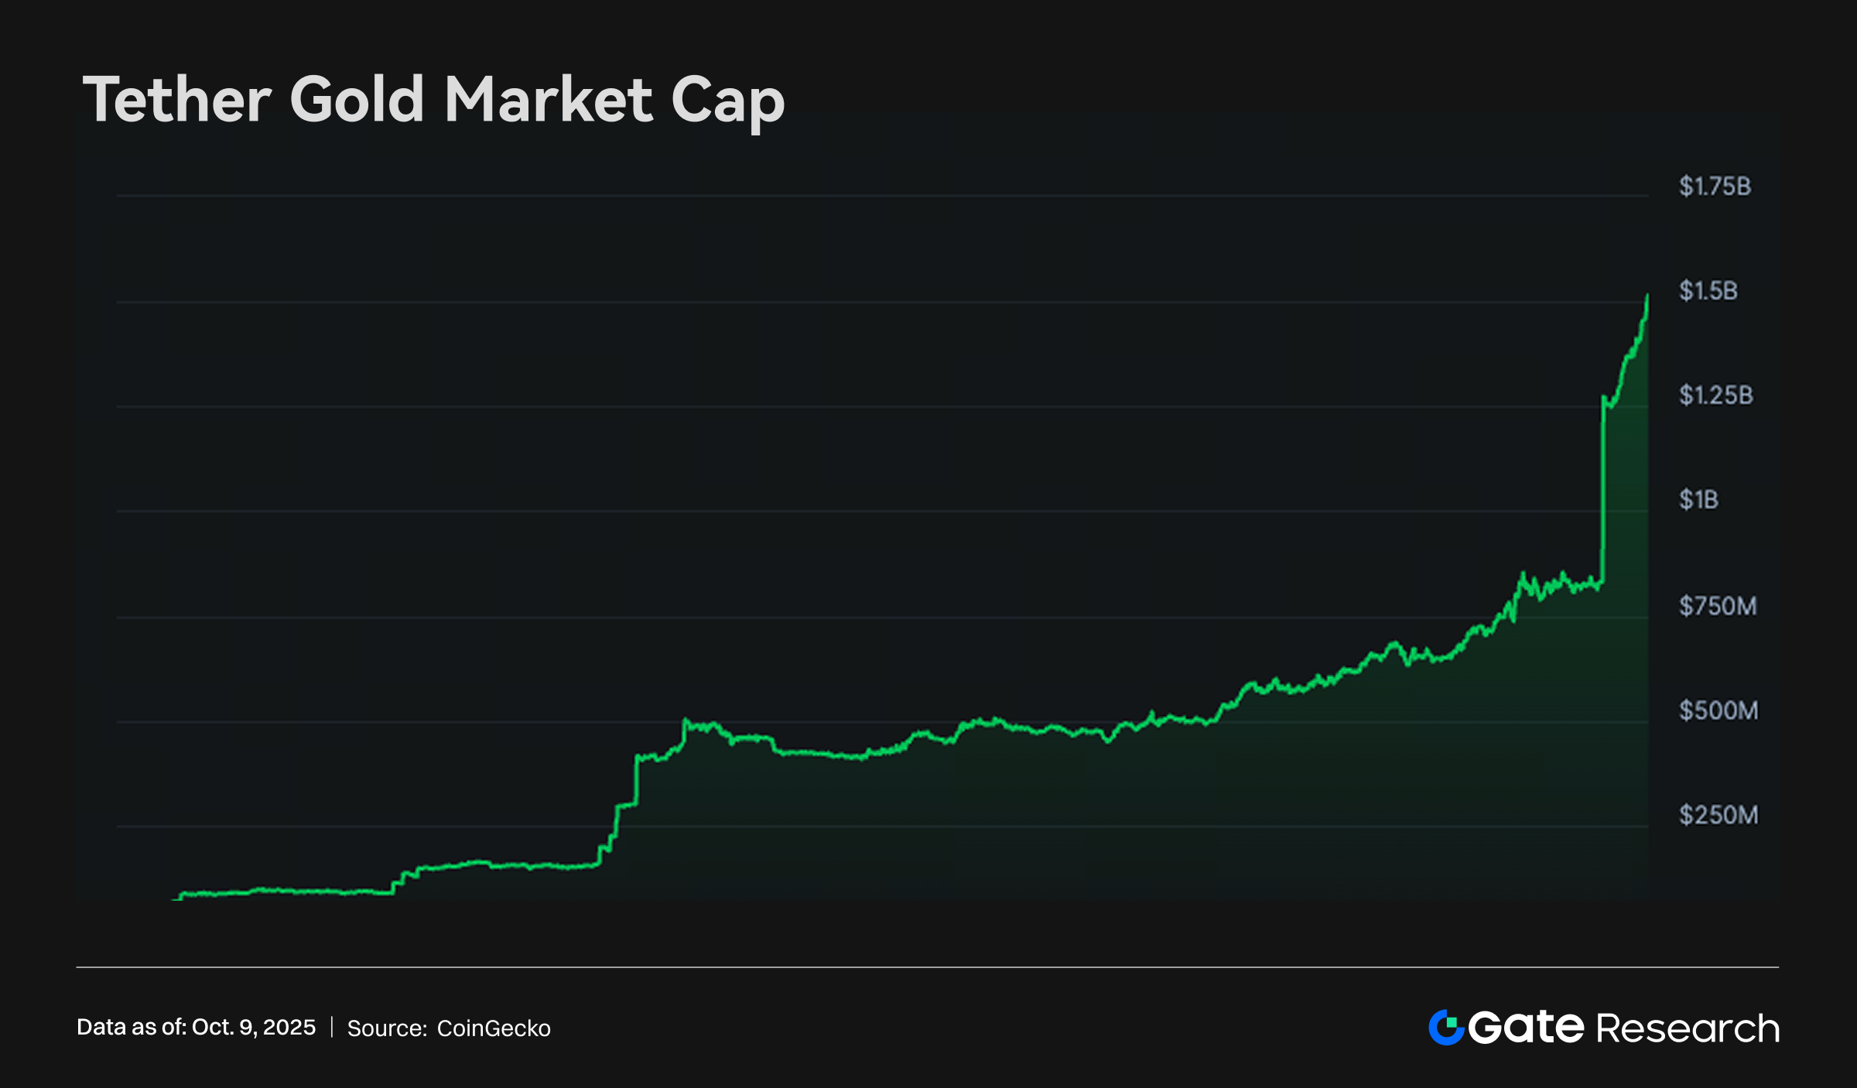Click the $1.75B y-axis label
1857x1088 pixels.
(x=1715, y=186)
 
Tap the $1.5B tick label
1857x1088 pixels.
(x=1708, y=291)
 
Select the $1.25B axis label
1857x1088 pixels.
(x=1715, y=395)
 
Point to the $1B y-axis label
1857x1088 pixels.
(x=1698, y=500)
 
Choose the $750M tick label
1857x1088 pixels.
(x=1718, y=606)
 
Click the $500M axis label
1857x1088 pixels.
(x=1718, y=710)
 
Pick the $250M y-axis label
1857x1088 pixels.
(x=1718, y=815)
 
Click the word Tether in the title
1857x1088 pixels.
(x=177, y=100)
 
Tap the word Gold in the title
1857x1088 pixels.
(x=357, y=100)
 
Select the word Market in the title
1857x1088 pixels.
(x=549, y=100)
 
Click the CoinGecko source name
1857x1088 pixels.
(x=494, y=1028)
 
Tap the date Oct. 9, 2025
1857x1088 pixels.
(x=254, y=1027)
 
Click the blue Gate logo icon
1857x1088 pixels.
(x=1445, y=1028)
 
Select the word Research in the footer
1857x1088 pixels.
(x=1688, y=1028)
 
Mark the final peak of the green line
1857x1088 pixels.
(x=1647, y=296)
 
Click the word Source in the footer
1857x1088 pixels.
(x=386, y=1028)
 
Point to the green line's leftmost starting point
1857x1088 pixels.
(x=173, y=899)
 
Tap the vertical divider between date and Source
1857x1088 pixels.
(x=332, y=1028)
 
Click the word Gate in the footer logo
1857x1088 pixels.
(x=1526, y=1028)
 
